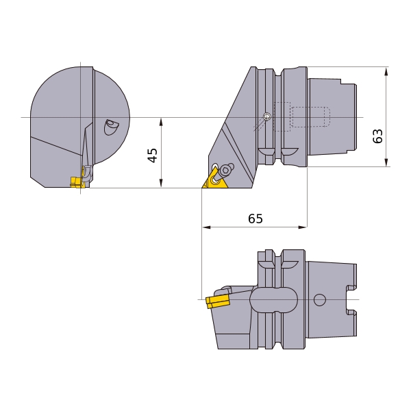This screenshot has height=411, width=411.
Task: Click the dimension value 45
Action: click(153, 155)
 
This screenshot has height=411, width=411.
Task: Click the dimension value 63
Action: click(377, 136)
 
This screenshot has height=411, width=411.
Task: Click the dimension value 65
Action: click(256, 219)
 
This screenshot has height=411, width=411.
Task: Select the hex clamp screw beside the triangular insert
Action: click(225, 170)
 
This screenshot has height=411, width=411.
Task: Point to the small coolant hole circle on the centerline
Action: click(267, 116)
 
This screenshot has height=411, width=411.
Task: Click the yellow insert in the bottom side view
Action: click(218, 301)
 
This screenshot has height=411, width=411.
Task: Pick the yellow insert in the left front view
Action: click(77, 182)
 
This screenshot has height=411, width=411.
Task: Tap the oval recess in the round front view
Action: click(110, 127)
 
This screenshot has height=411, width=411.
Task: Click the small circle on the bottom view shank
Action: click(319, 299)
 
